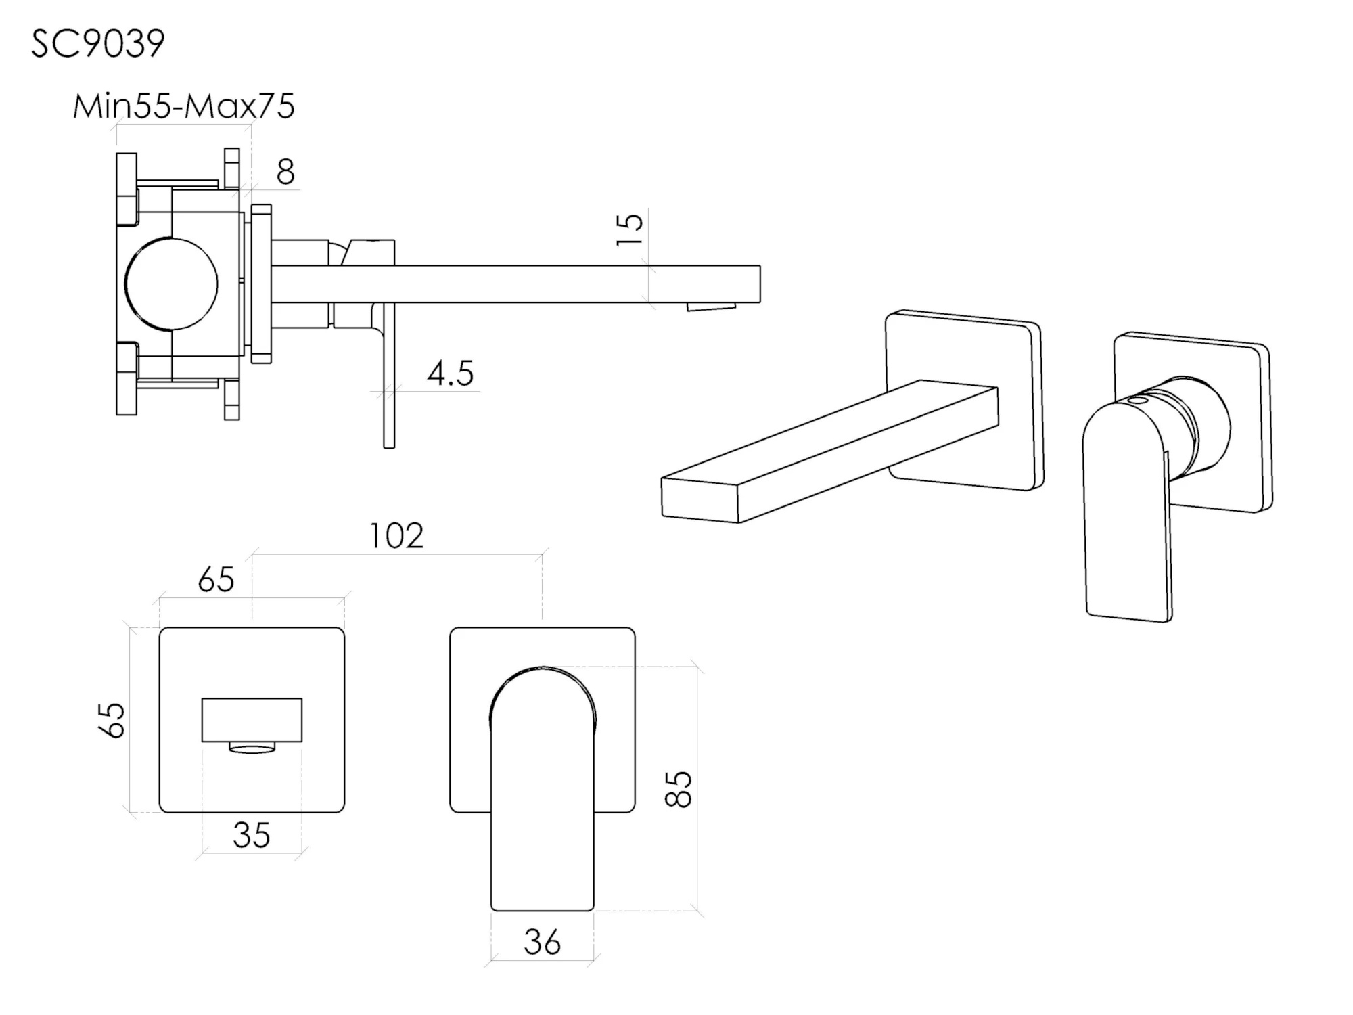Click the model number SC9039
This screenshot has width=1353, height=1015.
98,45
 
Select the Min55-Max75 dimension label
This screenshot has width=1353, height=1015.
183,106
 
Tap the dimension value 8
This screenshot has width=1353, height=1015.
285,172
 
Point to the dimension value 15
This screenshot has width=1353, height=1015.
629,229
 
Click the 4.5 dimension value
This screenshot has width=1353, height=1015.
451,373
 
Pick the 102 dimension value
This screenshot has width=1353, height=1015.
396,536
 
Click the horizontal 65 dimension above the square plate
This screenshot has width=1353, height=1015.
216,580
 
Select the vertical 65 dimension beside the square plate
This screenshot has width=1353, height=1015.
112,719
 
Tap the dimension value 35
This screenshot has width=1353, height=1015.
252,835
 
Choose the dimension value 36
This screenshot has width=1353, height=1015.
542,942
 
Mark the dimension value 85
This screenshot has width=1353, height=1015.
679,789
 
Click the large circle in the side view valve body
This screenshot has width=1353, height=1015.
171,284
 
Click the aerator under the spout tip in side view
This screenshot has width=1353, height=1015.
711,307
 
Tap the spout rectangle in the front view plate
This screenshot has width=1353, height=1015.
252,720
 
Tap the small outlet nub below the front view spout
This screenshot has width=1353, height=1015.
252,747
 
